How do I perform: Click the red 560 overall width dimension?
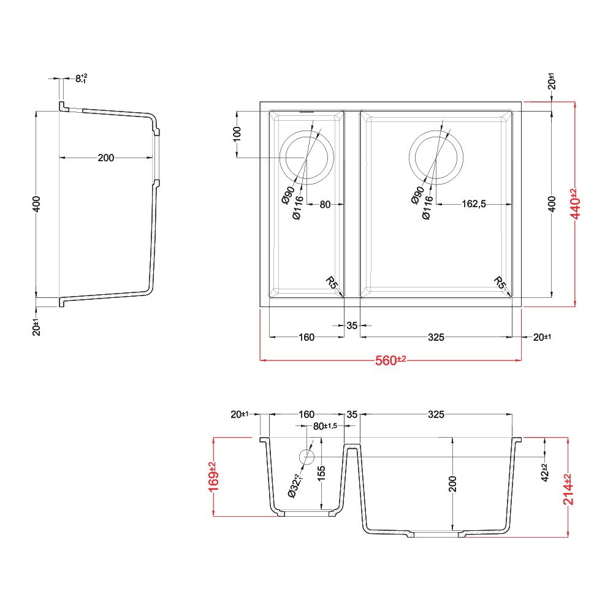click(390, 360)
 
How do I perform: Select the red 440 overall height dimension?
click(576, 204)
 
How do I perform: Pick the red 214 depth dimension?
click(568, 489)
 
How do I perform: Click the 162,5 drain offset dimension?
click(474, 204)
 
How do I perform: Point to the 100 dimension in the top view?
click(237, 134)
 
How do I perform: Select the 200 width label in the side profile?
click(106, 158)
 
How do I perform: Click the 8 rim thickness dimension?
click(82, 78)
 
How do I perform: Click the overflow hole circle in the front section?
click(306, 457)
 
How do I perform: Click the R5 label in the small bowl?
click(331, 282)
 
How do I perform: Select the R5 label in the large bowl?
click(499, 282)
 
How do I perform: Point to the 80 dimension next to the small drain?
click(326, 204)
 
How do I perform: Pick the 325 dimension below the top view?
click(436, 337)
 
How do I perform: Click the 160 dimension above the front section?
click(306, 414)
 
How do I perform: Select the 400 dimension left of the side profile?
click(36, 204)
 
